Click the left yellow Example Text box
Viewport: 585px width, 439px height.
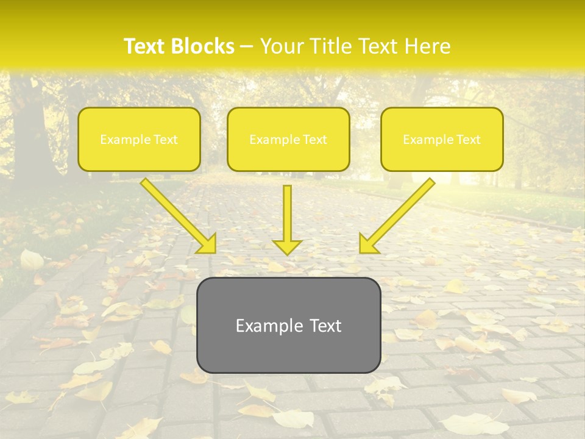pyautogui.click(x=139, y=139)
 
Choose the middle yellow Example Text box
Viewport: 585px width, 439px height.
pyautogui.click(x=288, y=139)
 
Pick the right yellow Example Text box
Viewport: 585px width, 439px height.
pyautogui.click(x=442, y=139)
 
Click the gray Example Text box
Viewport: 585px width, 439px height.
pyautogui.click(x=288, y=325)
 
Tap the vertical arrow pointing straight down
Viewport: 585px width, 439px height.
pyautogui.click(x=287, y=220)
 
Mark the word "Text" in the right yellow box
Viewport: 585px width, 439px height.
pyautogui.click(x=469, y=140)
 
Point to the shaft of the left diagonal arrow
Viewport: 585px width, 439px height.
pyautogui.click(x=174, y=210)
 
